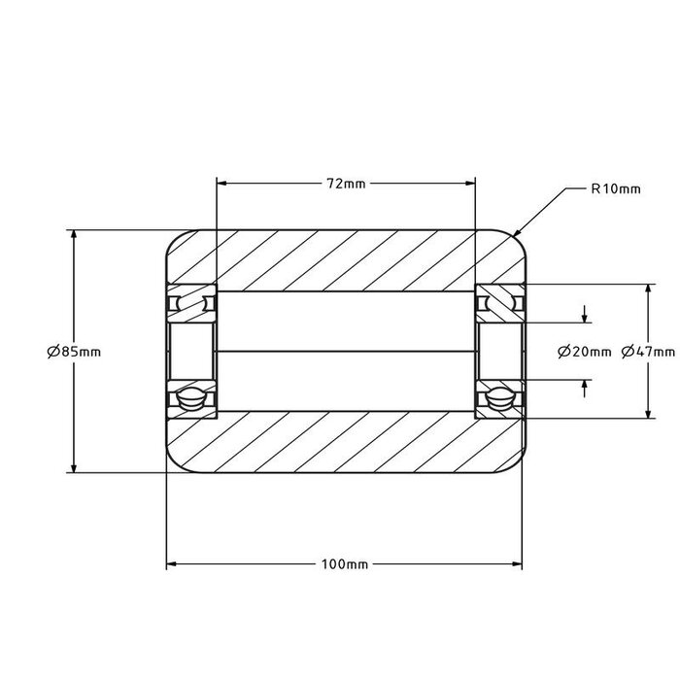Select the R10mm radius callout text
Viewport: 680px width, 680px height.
(615, 189)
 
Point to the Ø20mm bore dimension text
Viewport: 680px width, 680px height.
(585, 352)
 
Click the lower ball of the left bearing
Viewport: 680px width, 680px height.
(190, 397)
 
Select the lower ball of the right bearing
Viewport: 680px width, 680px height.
(499, 397)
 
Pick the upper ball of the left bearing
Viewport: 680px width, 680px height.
(190, 304)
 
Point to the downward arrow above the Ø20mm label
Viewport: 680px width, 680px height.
(585, 318)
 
